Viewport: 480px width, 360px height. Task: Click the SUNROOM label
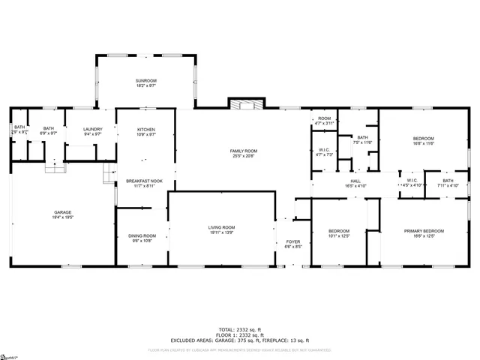(146, 80)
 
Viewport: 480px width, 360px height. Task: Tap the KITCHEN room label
(146, 130)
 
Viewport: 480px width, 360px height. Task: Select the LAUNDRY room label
(93, 129)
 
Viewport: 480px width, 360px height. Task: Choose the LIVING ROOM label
(222, 227)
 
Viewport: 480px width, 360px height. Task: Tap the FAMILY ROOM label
(243, 151)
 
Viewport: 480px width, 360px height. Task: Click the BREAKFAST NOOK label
(145, 181)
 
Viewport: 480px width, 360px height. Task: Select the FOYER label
(293, 241)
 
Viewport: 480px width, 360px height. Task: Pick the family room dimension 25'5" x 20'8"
(243, 156)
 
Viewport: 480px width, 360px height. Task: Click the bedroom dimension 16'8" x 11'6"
(424, 143)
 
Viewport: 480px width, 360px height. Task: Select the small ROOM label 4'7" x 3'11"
(324, 118)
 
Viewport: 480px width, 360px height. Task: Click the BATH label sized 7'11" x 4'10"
(448, 180)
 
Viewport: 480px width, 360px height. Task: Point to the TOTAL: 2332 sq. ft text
(240, 329)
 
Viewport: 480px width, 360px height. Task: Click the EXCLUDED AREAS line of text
(240, 340)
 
